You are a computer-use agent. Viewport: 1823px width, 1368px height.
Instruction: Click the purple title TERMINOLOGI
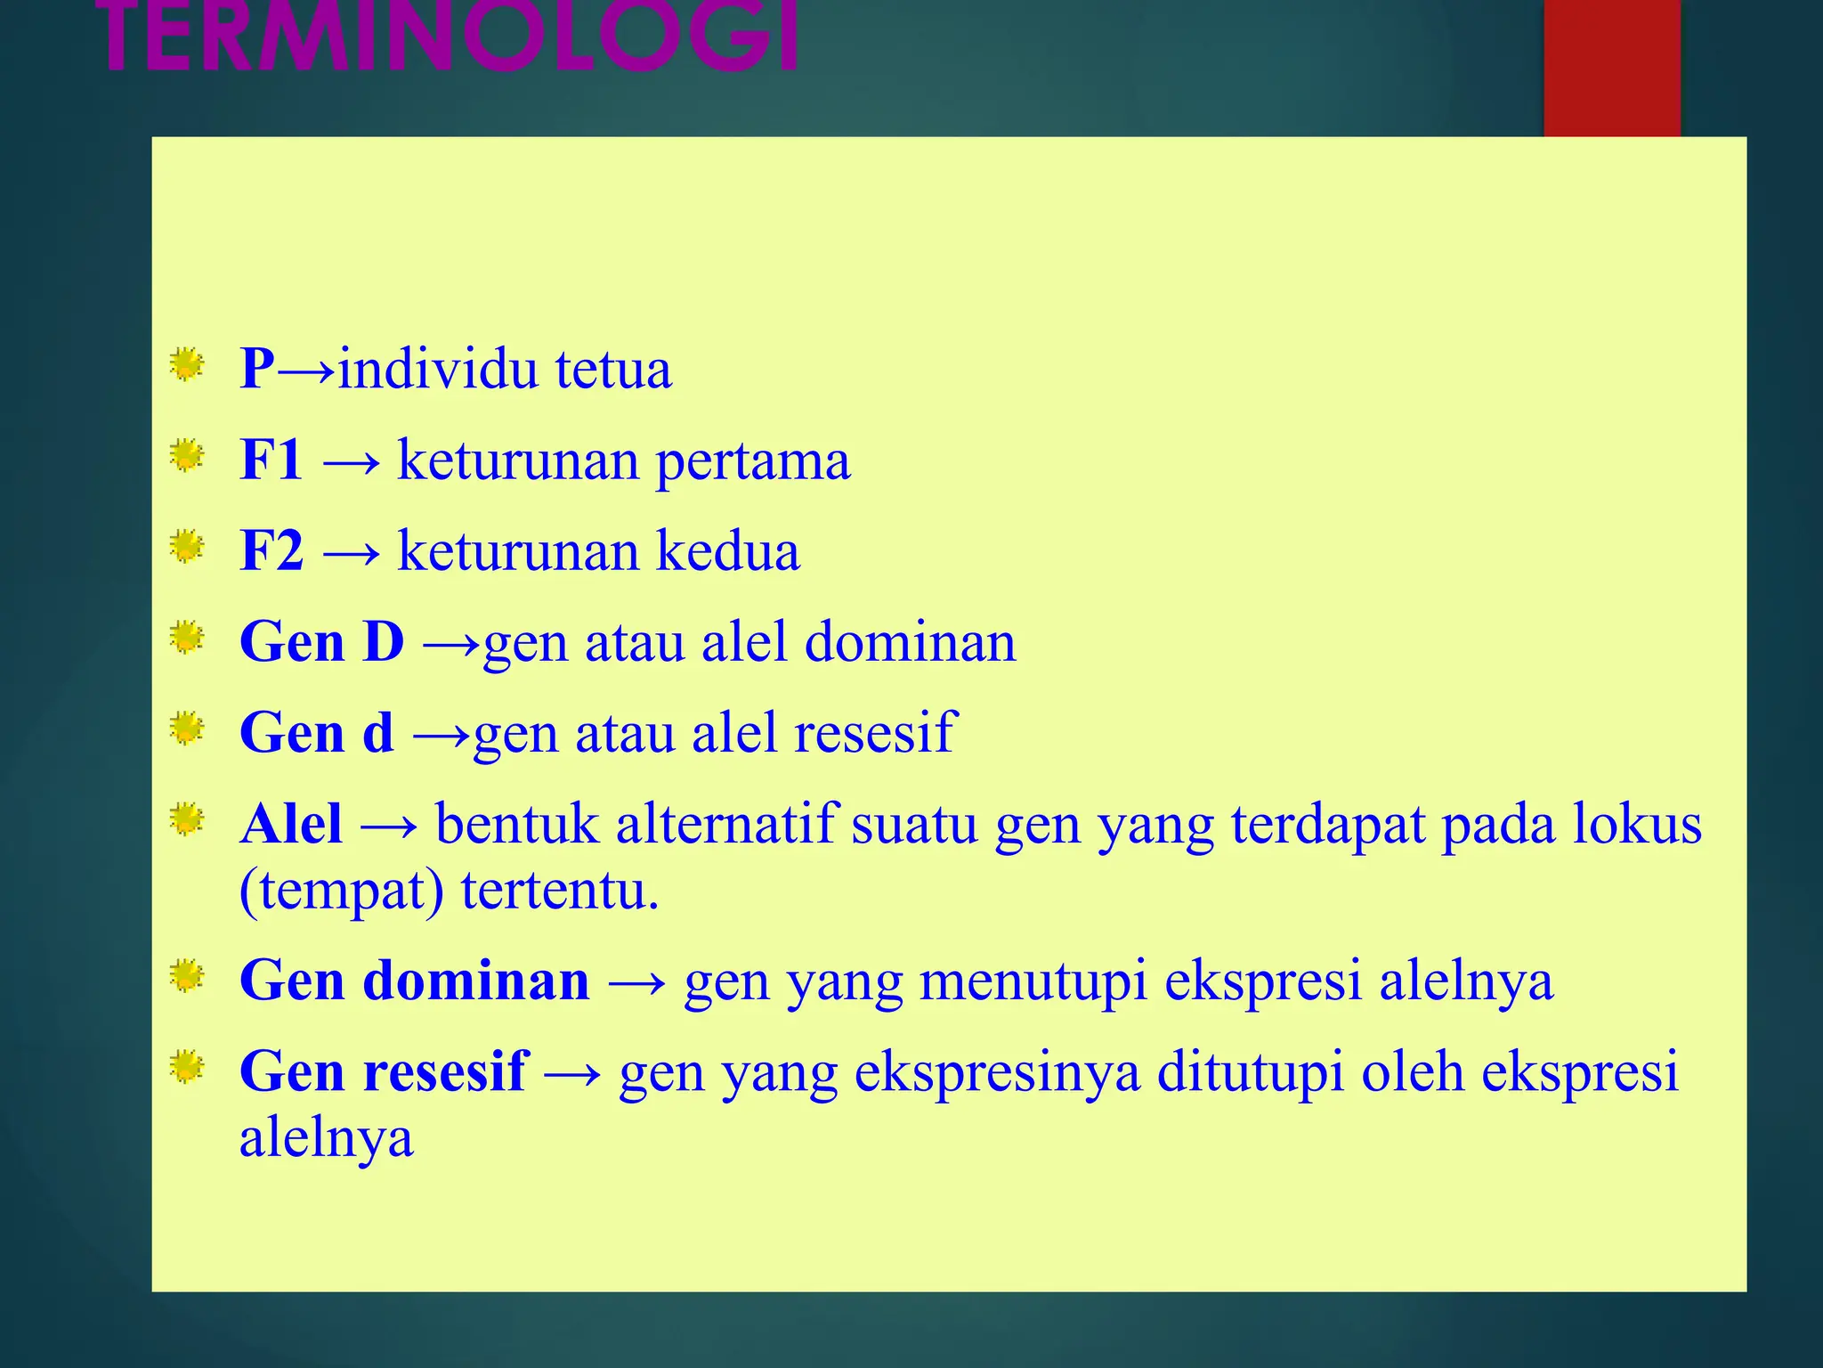coord(450,37)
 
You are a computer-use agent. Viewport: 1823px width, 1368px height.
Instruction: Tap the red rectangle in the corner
coord(1611,68)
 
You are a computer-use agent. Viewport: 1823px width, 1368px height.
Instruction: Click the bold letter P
coord(257,369)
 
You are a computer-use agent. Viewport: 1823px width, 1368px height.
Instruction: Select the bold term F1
coord(271,460)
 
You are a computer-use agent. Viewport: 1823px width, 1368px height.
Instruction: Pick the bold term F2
coord(271,551)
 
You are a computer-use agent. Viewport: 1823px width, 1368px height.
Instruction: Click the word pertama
coord(753,462)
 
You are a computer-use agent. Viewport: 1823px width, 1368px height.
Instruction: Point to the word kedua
coord(728,551)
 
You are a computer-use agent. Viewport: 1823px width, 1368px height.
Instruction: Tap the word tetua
coord(613,369)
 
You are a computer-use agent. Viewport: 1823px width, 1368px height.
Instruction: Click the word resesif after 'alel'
coord(874,733)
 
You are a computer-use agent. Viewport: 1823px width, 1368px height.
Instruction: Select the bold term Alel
coord(291,824)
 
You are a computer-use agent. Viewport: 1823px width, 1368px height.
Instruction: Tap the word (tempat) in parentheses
coord(342,892)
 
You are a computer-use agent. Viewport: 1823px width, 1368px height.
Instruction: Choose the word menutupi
coord(1033,981)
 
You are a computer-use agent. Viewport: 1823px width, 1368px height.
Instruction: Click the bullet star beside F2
coord(187,546)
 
